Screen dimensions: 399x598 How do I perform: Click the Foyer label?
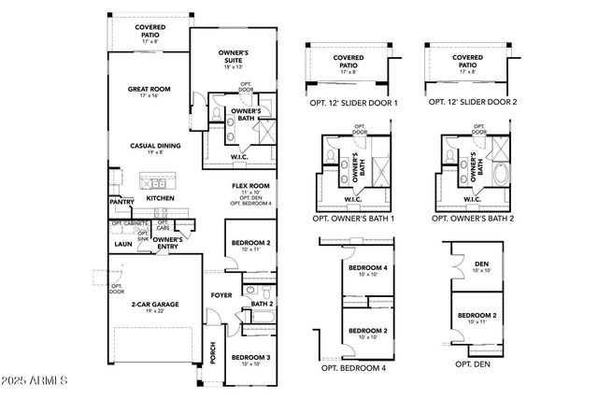221,296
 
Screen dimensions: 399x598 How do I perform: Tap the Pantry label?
121,202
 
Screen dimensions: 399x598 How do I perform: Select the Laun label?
123,244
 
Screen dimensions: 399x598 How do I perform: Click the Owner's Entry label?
166,243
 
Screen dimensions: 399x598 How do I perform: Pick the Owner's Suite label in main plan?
235,60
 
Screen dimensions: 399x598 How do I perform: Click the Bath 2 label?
262,304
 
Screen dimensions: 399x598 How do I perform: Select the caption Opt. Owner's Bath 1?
353,219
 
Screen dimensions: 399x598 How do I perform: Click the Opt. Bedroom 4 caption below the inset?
353,368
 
